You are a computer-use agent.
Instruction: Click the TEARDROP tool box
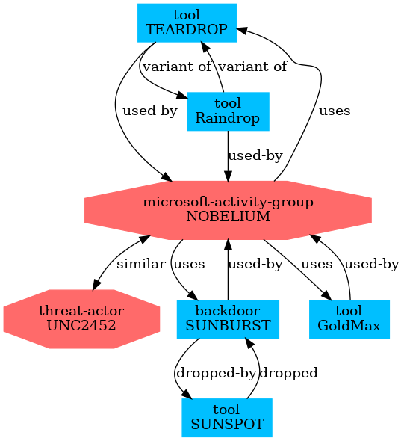(187, 22)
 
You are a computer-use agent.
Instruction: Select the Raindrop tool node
(228, 111)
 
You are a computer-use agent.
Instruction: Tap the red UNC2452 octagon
(81, 319)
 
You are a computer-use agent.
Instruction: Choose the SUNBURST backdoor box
(228, 319)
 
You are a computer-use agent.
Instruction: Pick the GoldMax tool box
(349, 319)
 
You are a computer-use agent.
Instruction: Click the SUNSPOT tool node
(227, 418)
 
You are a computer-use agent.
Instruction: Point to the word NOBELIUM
(228, 217)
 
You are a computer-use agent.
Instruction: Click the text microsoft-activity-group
(228, 203)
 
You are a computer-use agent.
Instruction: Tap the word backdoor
(228, 311)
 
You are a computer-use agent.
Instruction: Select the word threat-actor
(81, 311)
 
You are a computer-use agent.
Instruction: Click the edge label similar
(141, 264)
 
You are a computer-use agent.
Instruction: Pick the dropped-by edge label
(216, 373)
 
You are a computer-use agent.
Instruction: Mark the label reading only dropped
(288, 373)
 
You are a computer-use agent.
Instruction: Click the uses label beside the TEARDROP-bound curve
(335, 111)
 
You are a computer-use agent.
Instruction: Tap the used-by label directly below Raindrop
(255, 155)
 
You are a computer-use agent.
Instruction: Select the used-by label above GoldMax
(372, 264)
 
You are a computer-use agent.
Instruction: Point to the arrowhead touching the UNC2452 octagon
(96, 284)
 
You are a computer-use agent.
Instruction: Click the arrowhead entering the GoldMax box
(327, 295)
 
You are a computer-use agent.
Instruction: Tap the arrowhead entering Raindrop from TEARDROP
(181, 96)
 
